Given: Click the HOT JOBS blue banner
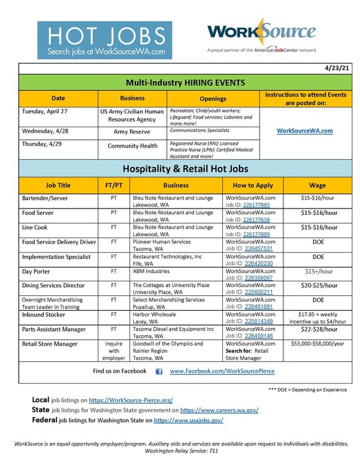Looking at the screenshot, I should [x=104, y=41].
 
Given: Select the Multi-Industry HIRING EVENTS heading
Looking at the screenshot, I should [x=180, y=82].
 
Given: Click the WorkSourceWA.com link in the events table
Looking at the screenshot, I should [x=304, y=131].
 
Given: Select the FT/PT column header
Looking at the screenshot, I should [x=113, y=185].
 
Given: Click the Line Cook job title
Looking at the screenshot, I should [x=37, y=227].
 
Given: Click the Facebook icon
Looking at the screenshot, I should [x=158, y=371].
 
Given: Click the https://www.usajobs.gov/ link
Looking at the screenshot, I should [x=188, y=420].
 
